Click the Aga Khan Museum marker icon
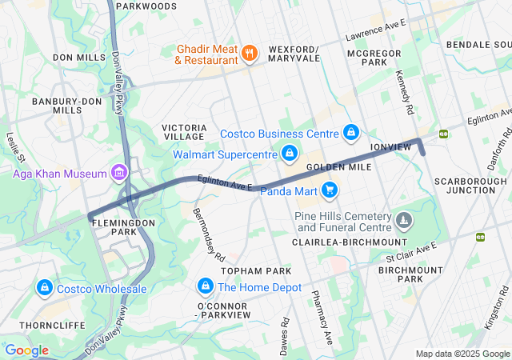(119, 173)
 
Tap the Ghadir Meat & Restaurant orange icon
(250, 54)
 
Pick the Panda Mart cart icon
(329, 190)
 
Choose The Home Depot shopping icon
(206, 286)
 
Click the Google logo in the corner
(26, 350)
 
